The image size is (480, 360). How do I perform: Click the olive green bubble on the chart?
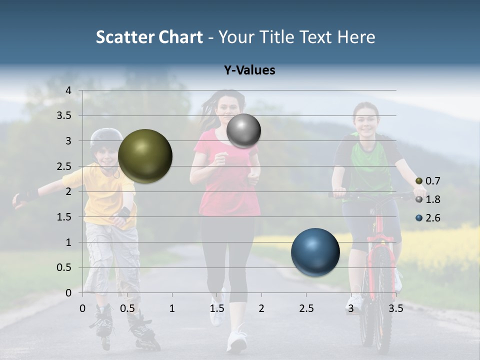click(145, 156)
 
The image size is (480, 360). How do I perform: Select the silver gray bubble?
click(243, 130)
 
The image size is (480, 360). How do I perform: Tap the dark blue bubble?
click(315, 252)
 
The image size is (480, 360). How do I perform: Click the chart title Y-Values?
click(249, 70)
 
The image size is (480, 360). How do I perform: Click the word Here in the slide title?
click(356, 37)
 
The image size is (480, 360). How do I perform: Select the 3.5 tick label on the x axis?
click(395, 308)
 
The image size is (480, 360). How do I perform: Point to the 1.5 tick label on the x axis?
click(217, 308)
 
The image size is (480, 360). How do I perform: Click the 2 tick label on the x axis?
click(261, 308)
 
